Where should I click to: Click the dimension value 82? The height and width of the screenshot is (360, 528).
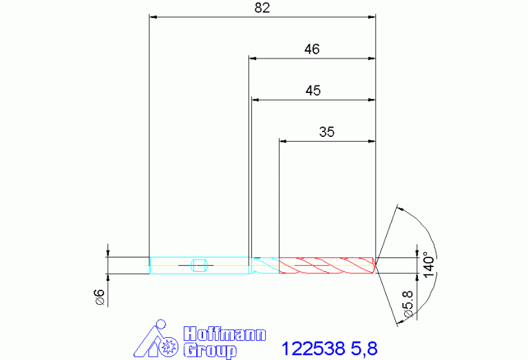pyautogui.click(x=262, y=8)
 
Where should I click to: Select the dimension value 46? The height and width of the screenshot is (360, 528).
pyautogui.click(x=312, y=49)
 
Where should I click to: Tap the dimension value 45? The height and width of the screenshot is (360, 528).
pyautogui.click(x=313, y=91)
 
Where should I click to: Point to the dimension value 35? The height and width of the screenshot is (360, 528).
pyautogui.click(x=326, y=132)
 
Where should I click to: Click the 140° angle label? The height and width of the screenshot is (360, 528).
pyautogui.click(x=429, y=265)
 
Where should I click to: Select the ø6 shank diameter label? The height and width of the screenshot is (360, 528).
pyautogui.click(x=100, y=297)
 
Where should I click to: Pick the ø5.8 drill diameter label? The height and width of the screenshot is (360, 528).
pyautogui.click(x=408, y=304)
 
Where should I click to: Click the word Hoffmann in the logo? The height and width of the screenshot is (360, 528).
pyautogui.click(x=224, y=334)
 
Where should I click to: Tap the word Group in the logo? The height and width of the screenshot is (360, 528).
pyautogui.click(x=210, y=350)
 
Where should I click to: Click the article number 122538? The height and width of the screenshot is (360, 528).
pyautogui.click(x=313, y=348)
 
